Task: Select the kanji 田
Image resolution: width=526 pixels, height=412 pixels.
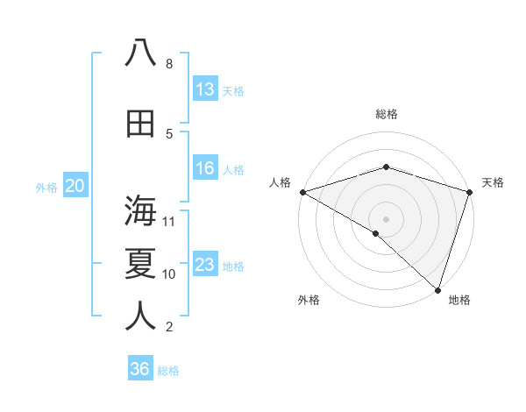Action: [140, 124]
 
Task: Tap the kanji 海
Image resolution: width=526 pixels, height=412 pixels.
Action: [140, 211]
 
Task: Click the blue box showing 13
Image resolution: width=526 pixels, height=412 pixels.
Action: [205, 89]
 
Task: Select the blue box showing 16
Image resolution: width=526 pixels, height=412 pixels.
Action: [205, 169]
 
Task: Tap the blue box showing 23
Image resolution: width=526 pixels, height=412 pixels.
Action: [205, 265]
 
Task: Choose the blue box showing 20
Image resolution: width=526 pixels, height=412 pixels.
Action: [75, 186]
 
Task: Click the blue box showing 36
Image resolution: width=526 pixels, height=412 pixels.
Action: [140, 369]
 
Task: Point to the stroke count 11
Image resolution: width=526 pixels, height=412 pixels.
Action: [169, 221]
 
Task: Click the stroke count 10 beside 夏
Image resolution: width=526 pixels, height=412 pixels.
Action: [169, 274]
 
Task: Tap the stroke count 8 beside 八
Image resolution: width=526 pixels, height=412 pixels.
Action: [169, 64]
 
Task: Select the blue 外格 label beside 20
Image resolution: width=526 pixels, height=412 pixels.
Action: [46, 187]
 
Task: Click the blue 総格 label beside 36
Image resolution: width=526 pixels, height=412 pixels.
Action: [168, 370]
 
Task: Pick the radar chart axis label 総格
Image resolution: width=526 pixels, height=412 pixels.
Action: [387, 114]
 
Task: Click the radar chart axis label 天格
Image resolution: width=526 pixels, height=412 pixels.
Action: [493, 182]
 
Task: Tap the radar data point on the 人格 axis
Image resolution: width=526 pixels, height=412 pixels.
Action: [302, 192]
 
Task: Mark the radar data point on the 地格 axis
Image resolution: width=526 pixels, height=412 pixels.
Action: [437, 290]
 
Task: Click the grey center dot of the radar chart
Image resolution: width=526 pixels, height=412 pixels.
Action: [386, 218]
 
